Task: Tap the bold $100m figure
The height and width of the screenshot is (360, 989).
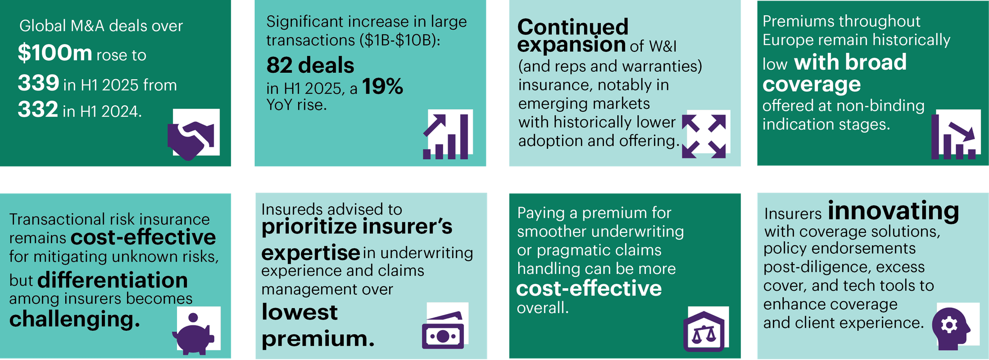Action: pos(55,53)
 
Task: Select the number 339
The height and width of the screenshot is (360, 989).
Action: pos(39,83)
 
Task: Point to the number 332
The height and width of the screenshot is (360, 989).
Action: pos(38,109)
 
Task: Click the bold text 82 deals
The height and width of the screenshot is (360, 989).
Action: pos(311,65)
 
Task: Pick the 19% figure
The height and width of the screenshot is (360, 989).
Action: pos(383,87)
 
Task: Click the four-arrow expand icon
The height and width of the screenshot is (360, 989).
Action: pos(704,136)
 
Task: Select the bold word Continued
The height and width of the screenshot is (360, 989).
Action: pos(573,27)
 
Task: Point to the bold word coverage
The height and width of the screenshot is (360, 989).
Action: pos(811,85)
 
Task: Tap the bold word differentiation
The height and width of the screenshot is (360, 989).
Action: pos(113,280)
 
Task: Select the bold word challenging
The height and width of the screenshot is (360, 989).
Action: pos(75,319)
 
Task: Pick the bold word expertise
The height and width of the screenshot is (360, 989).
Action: pos(311,253)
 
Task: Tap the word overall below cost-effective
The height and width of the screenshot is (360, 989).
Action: pos(542,308)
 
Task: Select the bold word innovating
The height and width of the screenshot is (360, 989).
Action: pos(894,211)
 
